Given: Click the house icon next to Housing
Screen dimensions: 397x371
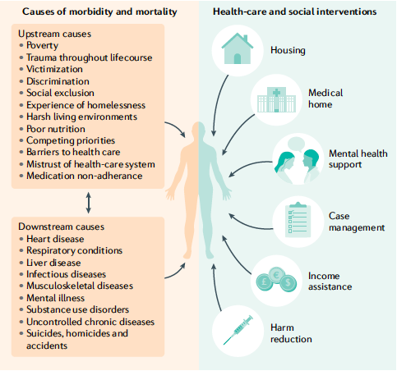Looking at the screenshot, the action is [x=238, y=49].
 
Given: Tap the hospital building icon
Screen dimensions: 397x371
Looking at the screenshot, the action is [x=276, y=99].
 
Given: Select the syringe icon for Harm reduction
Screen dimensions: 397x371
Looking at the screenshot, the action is [x=238, y=330].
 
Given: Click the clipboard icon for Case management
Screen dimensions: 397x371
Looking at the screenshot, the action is [x=298, y=220].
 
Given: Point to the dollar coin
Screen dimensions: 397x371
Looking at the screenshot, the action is [x=289, y=283].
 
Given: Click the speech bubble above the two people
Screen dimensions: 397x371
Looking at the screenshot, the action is [x=297, y=144].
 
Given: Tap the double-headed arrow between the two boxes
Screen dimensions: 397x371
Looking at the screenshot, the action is [x=88, y=203].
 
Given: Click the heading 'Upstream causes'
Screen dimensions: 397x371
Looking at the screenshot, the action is [x=54, y=34].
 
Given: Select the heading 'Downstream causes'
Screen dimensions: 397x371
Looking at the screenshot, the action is [x=61, y=227].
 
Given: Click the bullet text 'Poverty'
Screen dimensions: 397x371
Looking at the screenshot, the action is [x=42, y=45].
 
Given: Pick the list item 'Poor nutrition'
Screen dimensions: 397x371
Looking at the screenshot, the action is [x=56, y=129].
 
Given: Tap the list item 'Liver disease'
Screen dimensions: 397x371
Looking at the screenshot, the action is [x=53, y=263].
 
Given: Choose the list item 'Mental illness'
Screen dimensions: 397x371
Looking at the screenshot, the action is [x=55, y=298].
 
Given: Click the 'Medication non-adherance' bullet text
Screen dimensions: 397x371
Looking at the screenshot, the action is [x=85, y=176].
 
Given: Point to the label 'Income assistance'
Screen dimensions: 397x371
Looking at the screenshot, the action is [x=330, y=281].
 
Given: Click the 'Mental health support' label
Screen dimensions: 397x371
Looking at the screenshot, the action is [x=358, y=159].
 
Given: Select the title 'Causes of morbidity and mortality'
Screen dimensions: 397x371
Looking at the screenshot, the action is [x=99, y=11].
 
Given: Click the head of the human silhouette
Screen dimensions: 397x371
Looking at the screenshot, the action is [x=199, y=131].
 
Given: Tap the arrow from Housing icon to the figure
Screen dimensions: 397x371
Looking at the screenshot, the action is [x=218, y=105].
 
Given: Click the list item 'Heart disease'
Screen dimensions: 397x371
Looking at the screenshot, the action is [x=55, y=239].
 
